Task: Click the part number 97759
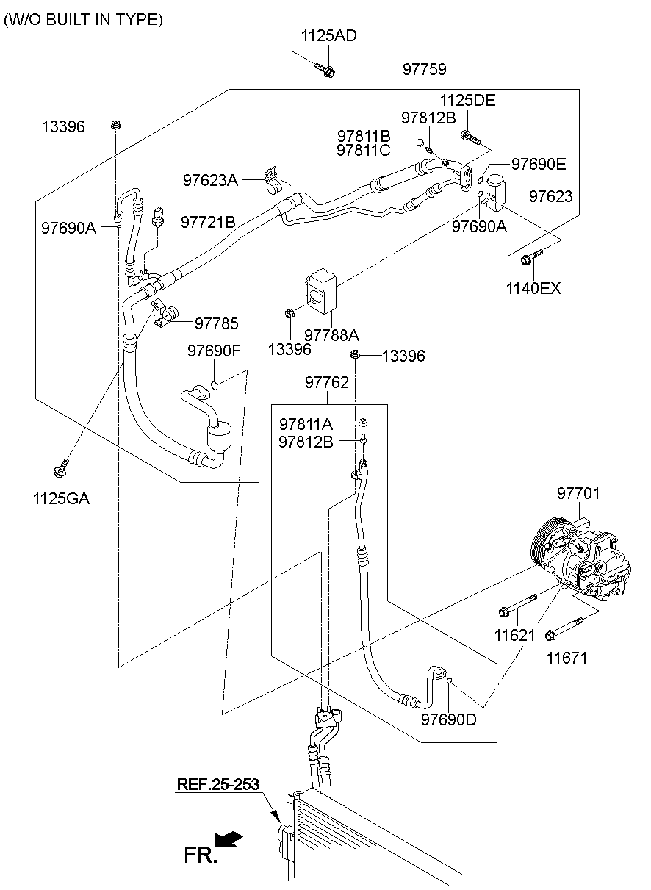pos(424,69)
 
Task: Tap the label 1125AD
pos(329,36)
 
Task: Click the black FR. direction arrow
pos(229,839)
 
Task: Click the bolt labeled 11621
pos(517,606)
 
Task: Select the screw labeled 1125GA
pos(61,468)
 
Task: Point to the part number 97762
pos(326,382)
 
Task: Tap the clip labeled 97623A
pos(272,181)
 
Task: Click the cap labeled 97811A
pos(362,422)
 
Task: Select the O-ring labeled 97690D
pos(449,681)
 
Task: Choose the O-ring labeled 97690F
pos(214,384)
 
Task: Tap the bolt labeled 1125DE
pos(471,137)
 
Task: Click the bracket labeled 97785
pos(165,313)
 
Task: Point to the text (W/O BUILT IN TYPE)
pos(84,19)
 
